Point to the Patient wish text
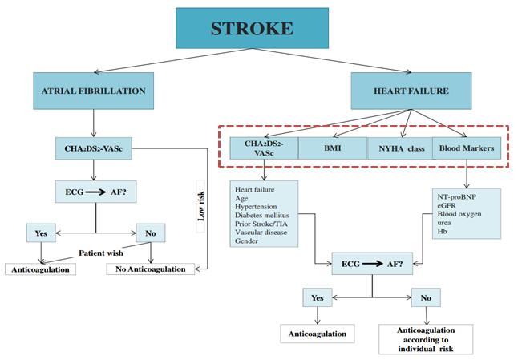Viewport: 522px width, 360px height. click(x=101, y=253)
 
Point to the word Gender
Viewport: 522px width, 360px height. click(x=248, y=242)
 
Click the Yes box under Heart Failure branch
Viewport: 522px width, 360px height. click(x=318, y=297)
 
